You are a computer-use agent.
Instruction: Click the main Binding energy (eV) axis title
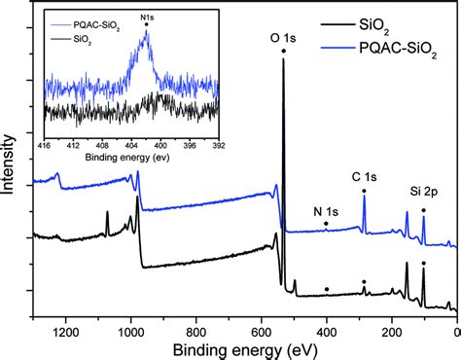(x=248, y=349)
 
